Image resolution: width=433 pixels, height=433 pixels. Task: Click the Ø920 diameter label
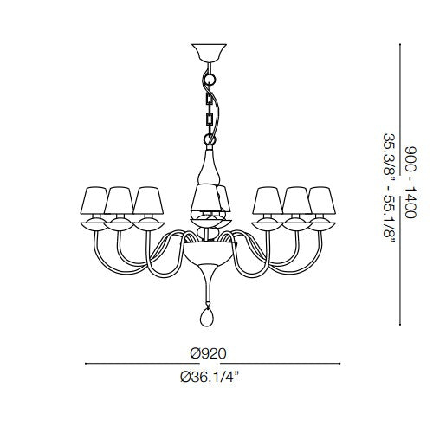[x=208, y=353]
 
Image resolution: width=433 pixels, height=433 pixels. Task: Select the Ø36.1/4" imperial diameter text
[x=210, y=377]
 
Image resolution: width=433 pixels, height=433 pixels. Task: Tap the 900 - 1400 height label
[x=410, y=183]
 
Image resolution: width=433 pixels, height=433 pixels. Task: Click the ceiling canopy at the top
[x=209, y=54]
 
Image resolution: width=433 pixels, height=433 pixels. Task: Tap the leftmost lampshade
[x=94, y=201]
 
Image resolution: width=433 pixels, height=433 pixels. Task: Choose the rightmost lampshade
[x=322, y=201]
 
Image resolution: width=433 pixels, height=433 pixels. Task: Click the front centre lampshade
[x=206, y=198]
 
